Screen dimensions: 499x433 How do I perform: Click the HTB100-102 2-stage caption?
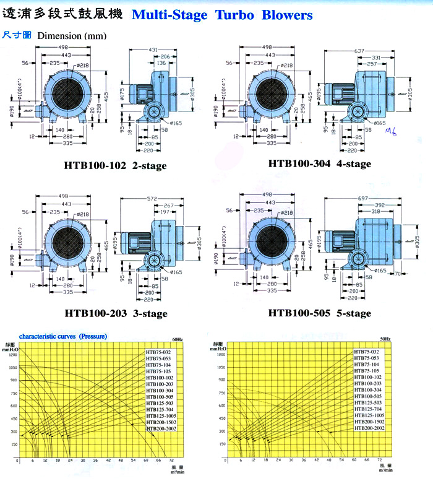115,166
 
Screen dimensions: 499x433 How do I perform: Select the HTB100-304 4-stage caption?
320,164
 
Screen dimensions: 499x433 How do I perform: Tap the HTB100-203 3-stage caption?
115,314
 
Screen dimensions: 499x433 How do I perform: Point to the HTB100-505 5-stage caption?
320,313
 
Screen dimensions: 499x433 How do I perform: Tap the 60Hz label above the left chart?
178,340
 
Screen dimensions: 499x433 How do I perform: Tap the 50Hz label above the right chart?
385,340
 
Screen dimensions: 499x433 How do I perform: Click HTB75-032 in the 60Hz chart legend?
158,352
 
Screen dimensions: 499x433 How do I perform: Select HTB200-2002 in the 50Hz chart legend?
369,428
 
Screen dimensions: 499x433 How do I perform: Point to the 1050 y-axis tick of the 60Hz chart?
14,367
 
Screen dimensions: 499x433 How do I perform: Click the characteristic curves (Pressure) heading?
63,336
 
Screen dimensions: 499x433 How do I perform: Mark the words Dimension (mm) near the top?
72,36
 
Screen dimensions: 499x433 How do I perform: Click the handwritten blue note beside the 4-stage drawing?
390,131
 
